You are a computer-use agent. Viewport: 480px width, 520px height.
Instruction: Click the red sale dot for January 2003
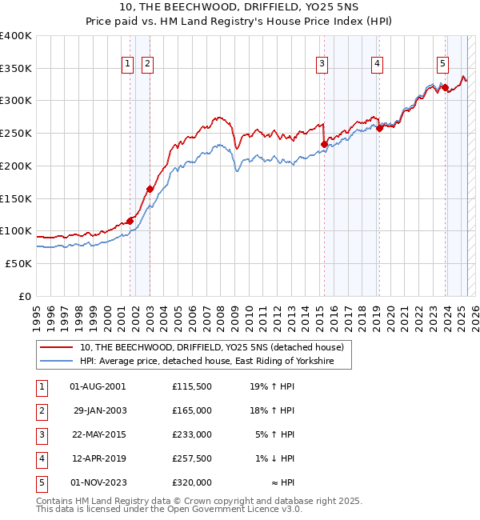150,190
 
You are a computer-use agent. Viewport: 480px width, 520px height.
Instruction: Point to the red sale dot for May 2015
324,145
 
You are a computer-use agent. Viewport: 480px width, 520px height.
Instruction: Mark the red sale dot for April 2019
379,129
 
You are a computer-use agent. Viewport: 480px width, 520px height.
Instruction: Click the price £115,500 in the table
191,387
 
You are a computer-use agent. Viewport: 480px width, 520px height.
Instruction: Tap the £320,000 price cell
191,483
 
